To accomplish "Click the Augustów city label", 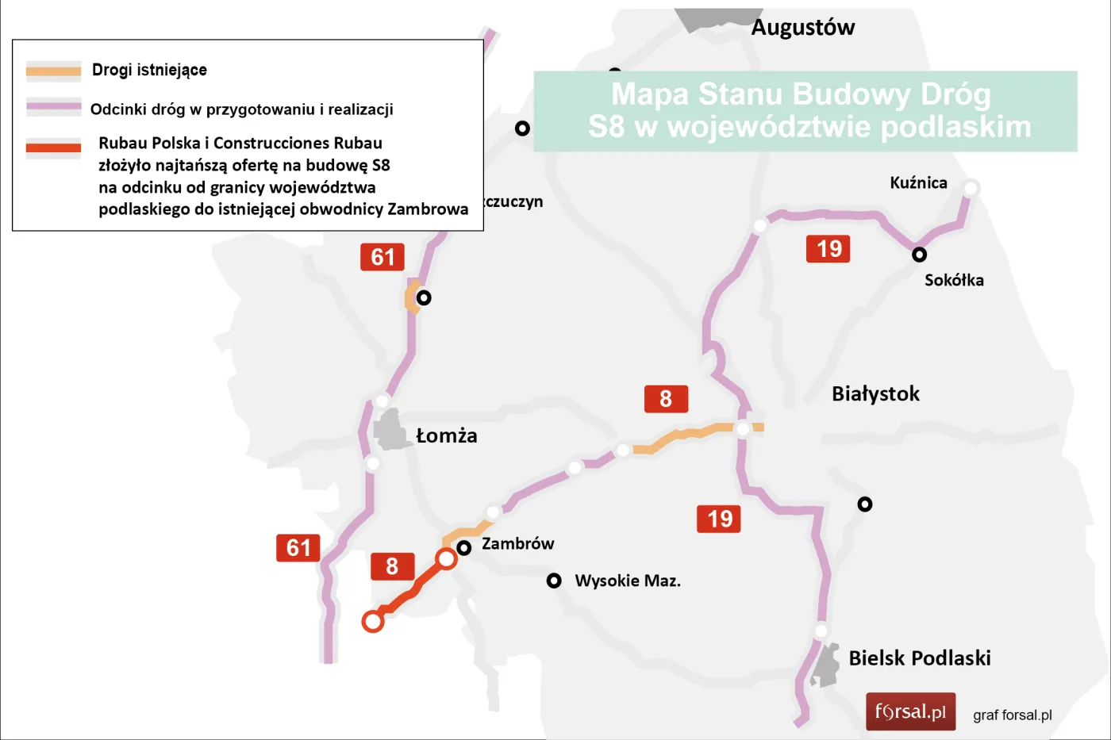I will tap(802, 28).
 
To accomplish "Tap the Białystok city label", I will tap(875, 393).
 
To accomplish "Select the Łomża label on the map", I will tap(447, 435).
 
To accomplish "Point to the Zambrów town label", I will tap(517, 544).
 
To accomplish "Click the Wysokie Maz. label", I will tap(627, 581).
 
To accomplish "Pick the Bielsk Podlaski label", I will tap(919, 658).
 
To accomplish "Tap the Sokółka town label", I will tap(954, 280).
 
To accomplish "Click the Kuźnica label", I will tap(918, 183).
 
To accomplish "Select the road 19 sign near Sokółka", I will tap(828, 249).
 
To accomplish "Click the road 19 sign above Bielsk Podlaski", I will tap(719, 519).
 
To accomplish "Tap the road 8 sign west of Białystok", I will tap(666, 399).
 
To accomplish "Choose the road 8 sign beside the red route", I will tap(392, 566).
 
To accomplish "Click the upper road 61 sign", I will tap(383, 257).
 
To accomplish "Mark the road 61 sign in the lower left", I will tap(298, 548).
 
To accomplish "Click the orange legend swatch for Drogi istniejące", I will tap(54, 71).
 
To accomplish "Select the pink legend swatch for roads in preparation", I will tap(54, 106).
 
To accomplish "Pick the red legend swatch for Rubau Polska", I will tap(54, 148).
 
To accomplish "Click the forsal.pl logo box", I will tap(910, 711).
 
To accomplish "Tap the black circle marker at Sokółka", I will tap(919, 255).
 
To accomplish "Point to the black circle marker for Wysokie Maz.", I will tap(554, 581).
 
